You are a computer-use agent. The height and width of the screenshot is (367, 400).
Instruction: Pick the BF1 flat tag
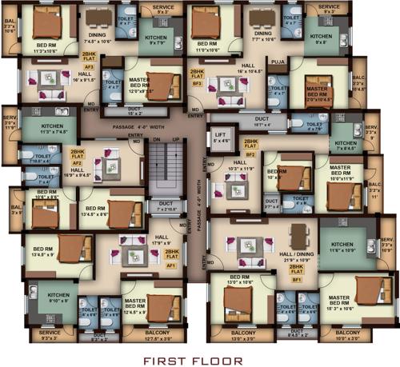point(297,280)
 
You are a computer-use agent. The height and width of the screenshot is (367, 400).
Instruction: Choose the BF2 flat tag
point(250,154)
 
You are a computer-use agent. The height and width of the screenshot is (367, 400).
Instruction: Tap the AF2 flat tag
point(78,162)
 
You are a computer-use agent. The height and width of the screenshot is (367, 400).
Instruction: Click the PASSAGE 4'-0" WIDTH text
point(146,126)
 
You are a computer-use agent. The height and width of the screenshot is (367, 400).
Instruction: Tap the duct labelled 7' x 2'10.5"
point(166,206)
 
